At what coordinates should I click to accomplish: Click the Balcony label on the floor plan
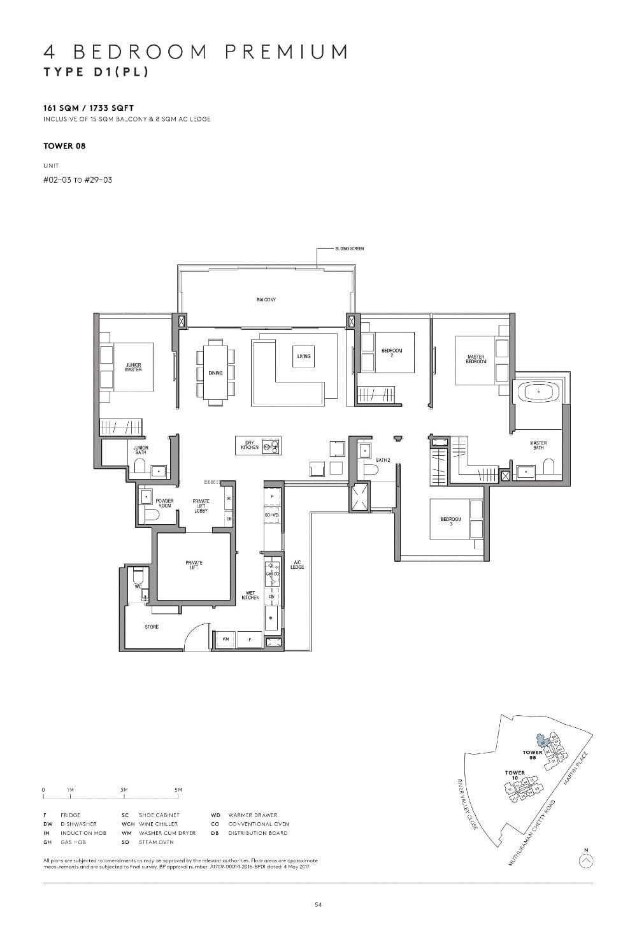[266, 299]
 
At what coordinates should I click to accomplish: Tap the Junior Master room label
[134, 367]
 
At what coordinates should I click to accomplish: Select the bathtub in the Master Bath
[538, 392]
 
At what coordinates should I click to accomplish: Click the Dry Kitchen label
[249, 446]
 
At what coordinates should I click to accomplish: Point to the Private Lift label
[194, 565]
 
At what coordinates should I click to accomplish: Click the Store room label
[152, 627]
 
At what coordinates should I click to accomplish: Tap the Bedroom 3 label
[450, 521]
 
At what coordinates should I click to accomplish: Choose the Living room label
[304, 356]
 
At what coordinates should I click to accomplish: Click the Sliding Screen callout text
[350, 249]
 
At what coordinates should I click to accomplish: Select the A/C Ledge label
[297, 565]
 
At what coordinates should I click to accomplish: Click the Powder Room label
[164, 503]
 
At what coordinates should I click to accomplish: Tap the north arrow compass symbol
[586, 860]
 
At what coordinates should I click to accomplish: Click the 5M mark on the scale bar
[178, 790]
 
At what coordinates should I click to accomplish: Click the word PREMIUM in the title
[287, 52]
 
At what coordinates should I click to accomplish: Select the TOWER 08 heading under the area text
[64, 146]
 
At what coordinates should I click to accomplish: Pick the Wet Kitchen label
[250, 595]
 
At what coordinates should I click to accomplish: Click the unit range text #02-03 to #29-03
[78, 180]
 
